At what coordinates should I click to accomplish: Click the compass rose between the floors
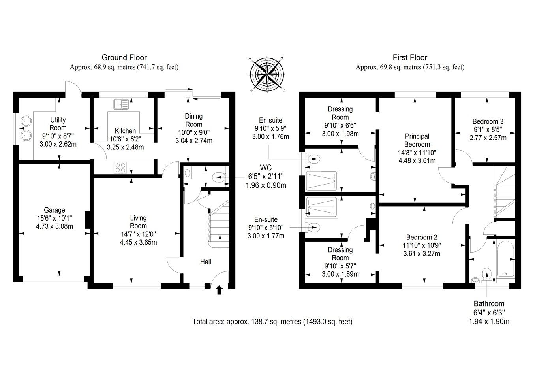click(267, 74)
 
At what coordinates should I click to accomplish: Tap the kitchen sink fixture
click(121, 104)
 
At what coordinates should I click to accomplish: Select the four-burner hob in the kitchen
click(120, 167)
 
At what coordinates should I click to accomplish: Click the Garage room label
click(54, 210)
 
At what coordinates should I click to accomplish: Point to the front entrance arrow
click(219, 290)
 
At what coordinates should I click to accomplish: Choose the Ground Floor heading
click(124, 57)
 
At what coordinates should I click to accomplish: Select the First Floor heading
click(410, 57)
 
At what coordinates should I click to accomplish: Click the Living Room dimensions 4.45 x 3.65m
click(138, 243)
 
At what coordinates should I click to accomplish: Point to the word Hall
click(206, 262)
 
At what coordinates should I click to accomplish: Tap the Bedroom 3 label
click(488, 121)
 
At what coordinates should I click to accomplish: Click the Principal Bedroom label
click(417, 140)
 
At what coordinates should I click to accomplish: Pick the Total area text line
click(272, 322)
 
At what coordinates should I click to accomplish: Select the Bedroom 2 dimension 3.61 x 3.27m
click(422, 254)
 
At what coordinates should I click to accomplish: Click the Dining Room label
click(194, 120)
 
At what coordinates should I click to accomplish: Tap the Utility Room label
click(58, 124)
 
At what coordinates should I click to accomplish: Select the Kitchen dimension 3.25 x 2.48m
click(126, 147)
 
